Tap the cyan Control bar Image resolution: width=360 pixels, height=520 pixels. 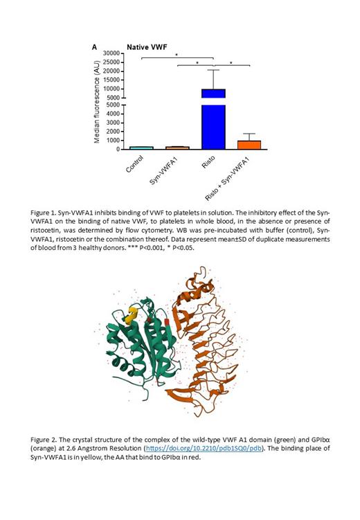click(141, 147)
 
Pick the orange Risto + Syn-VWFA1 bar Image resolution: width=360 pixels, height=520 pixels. click(249, 145)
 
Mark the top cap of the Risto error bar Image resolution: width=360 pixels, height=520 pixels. click(214, 70)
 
